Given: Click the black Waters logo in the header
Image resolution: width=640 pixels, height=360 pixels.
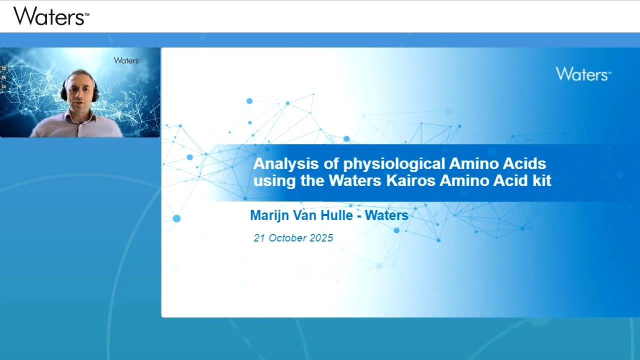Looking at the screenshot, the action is pyautogui.click(x=51, y=16).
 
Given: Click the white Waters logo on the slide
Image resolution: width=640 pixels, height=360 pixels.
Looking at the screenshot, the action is pyautogui.click(x=583, y=74).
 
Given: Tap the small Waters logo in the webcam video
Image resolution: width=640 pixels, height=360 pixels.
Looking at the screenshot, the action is pyautogui.click(x=126, y=60).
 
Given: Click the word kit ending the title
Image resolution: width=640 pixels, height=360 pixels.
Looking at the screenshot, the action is pyautogui.click(x=541, y=180).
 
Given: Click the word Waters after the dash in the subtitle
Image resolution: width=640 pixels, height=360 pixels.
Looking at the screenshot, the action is pyautogui.click(x=386, y=215).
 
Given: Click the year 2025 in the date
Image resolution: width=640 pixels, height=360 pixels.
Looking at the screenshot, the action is pyautogui.click(x=321, y=238).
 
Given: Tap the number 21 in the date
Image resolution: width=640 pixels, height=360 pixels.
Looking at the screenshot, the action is pyautogui.click(x=259, y=238).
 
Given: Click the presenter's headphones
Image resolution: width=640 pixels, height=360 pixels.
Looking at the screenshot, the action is pyautogui.click(x=64, y=92).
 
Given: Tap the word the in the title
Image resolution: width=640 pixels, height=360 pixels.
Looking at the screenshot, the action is pyautogui.click(x=312, y=180).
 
